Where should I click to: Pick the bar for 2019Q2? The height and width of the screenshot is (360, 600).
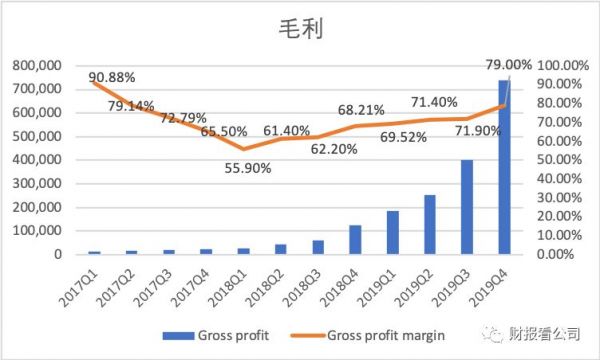[x=430, y=224]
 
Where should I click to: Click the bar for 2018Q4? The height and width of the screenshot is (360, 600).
[x=355, y=240]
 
